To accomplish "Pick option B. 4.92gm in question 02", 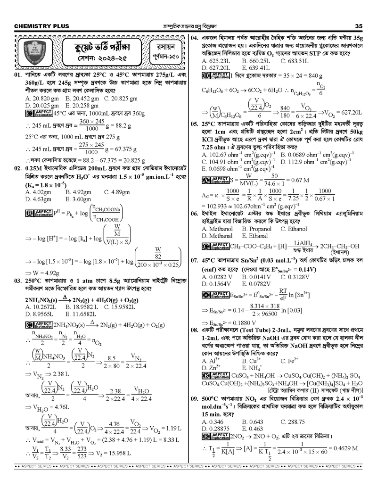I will (x=78, y=192).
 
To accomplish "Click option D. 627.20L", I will (x=216, y=68).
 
